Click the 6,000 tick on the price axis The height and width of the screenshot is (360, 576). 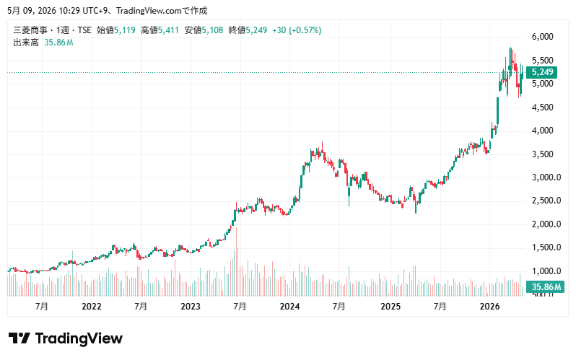pyautogui.click(x=542, y=37)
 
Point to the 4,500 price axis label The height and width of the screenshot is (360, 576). pyautogui.click(x=542, y=107)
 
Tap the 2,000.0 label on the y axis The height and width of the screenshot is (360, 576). pyautogui.click(x=546, y=224)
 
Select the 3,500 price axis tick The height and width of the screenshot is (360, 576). pyautogui.click(x=542, y=154)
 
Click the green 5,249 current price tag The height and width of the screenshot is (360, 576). pyautogui.click(x=542, y=72)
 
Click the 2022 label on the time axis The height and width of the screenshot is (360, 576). pyautogui.click(x=92, y=307)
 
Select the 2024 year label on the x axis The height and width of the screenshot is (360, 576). pyautogui.click(x=289, y=307)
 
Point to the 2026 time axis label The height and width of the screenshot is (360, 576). pyautogui.click(x=489, y=307)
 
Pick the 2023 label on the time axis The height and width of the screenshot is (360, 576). pyautogui.click(x=191, y=307)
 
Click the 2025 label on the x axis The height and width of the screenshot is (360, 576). pyautogui.click(x=390, y=307)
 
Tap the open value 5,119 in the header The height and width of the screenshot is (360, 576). pyautogui.click(x=125, y=30)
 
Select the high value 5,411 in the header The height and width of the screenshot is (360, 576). pyautogui.click(x=168, y=30)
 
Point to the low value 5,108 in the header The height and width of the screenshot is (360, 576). pyautogui.click(x=212, y=30)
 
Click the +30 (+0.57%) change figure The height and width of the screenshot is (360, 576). pyautogui.click(x=297, y=30)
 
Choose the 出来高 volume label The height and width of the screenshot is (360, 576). pyautogui.click(x=26, y=43)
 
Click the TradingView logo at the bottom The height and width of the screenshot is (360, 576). pyautogui.click(x=66, y=338)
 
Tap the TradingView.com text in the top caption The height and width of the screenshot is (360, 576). pyautogui.click(x=149, y=11)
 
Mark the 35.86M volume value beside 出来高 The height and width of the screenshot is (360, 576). pyautogui.click(x=58, y=43)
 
